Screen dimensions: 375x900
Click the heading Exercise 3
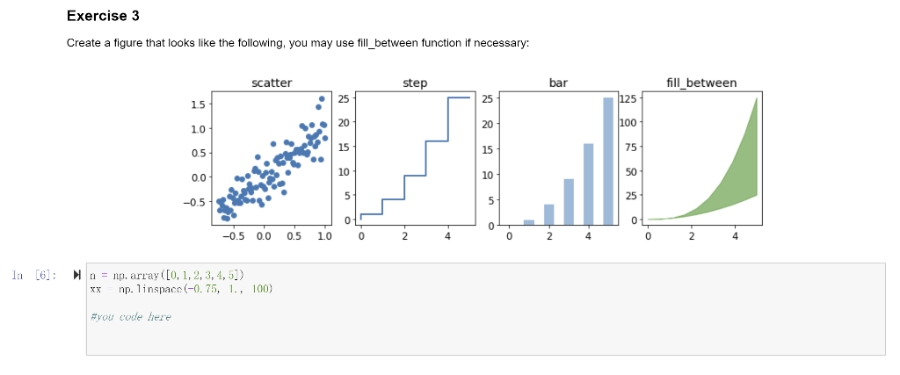point(103,17)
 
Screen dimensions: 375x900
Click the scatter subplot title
point(272,83)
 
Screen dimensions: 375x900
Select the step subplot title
point(415,83)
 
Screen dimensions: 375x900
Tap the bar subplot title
point(558,83)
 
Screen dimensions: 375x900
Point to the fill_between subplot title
point(701,83)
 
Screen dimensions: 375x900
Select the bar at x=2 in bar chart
point(548,214)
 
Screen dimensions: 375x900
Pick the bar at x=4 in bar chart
point(588,184)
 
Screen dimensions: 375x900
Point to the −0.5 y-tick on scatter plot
point(195,202)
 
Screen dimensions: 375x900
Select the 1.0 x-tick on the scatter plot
point(323,236)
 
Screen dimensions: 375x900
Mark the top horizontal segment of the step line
point(459,97)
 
